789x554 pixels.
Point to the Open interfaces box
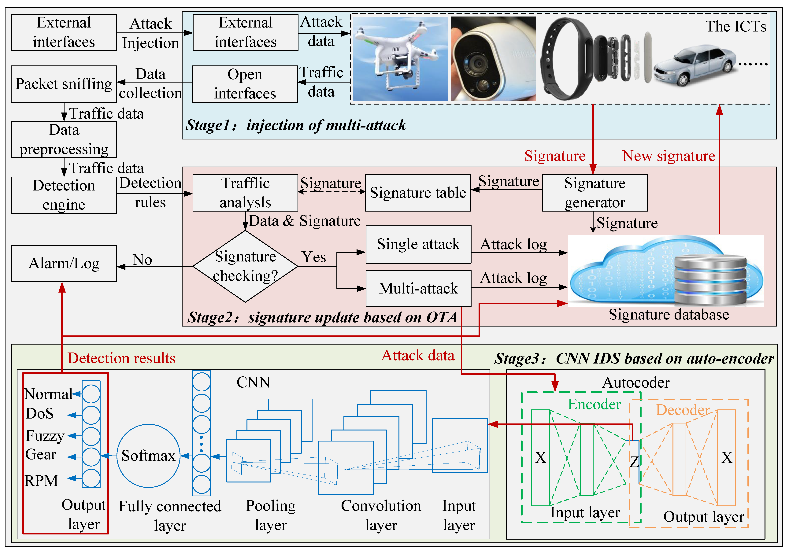pos(245,84)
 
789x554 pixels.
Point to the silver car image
pos(694,65)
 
